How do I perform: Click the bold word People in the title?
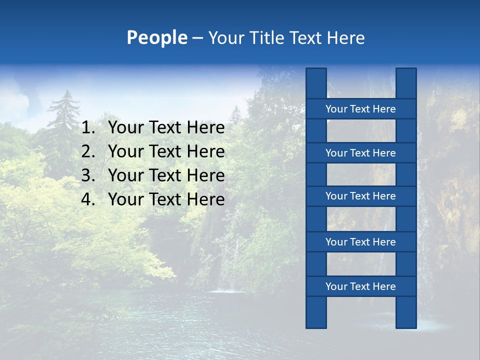(157, 37)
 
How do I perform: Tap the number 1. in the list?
(88, 128)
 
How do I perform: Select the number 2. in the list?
(88, 151)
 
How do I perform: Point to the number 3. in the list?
(88, 175)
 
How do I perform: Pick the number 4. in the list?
(88, 199)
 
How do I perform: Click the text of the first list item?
(166, 128)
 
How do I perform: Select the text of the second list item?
(166, 151)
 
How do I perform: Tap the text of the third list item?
(166, 175)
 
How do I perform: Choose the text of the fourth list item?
(166, 199)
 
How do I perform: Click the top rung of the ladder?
(360, 109)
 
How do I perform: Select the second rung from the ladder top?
(360, 153)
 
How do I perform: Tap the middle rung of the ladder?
(360, 196)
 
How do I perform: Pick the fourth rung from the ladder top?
(360, 242)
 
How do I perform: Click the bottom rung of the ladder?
(360, 286)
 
